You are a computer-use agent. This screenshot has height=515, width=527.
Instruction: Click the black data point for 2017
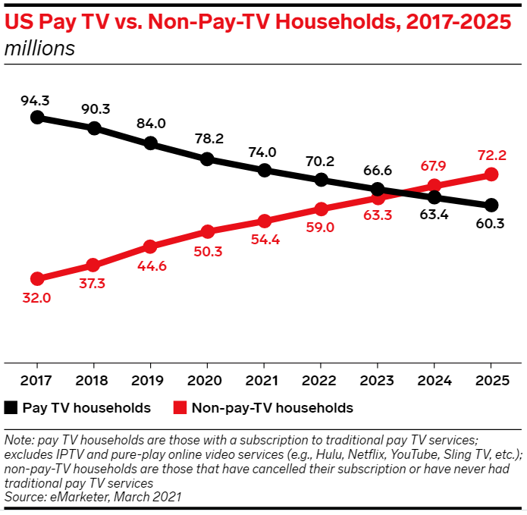click(36, 118)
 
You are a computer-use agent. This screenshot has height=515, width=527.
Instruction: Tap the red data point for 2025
click(491, 174)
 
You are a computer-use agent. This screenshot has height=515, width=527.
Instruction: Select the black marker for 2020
click(207, 159)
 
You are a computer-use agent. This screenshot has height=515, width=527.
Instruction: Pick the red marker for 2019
click(150, 247)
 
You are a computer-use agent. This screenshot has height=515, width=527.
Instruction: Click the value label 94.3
click(36, 99)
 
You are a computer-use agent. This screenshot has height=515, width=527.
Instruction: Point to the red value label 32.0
click(36, 298)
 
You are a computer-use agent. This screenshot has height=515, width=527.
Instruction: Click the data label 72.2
click(491, 155)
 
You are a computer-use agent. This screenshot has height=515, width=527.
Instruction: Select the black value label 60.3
click(491, 224)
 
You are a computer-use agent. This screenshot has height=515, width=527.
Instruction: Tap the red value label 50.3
click(207, 251)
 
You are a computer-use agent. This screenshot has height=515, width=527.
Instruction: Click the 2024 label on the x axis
click(434, 378)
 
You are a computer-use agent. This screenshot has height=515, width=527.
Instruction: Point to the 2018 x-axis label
click(93, 378)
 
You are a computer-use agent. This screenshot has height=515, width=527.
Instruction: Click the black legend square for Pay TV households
click(11, 408)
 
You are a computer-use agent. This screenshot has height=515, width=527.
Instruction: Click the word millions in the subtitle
click(39, 49)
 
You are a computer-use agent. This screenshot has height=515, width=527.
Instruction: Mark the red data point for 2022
click(321, 209)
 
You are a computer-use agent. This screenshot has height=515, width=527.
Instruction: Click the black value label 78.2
click(207, 140)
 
